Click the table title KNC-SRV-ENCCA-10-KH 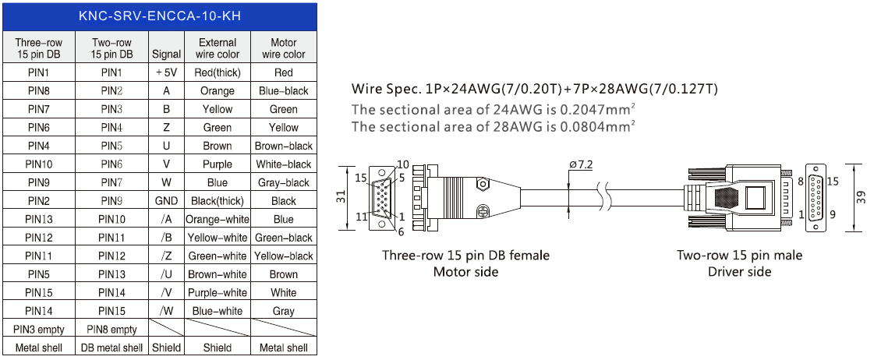(x=160, y=16)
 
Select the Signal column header (x=166, y=55)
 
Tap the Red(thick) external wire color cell (x=217, y=72)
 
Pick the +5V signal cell (x=166, y=72)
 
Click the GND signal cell (x=166, y=201)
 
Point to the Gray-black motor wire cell (x=284, y=182)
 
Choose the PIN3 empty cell (x=39, y=329)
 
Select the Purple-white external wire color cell (x=217, y=293)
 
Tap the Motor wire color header (x=284, y=48)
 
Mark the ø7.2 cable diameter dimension (x=581, y=164)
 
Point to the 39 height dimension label (x=862, y=197)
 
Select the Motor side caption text (x=465, y=273)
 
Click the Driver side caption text (x=739, y=273)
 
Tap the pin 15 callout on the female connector (x=361, y=178)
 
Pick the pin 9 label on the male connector (x=832, y=214)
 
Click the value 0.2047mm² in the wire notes (x=596, y=109)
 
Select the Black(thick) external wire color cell (x=217, y=201)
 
